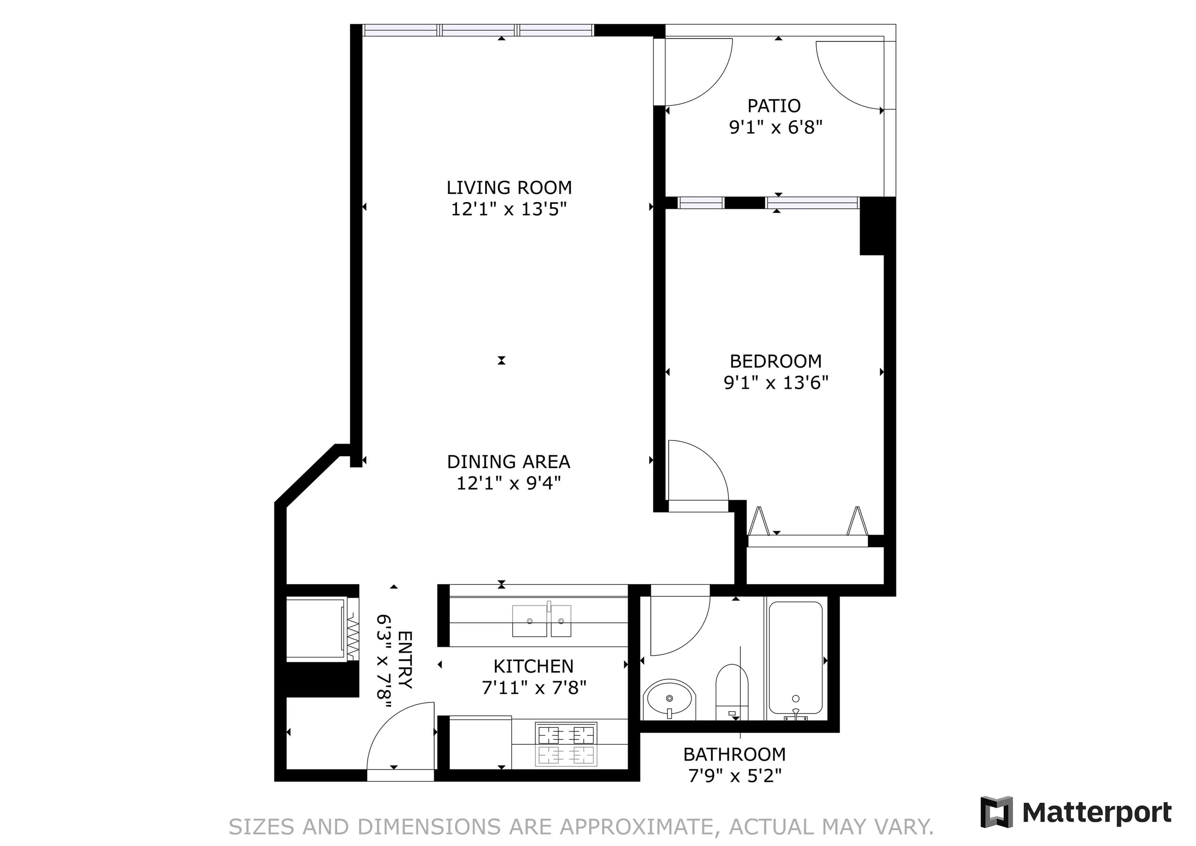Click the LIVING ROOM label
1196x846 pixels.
tap(509, 188)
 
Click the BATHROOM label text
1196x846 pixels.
tap(734, 754)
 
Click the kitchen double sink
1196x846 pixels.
tap(541, 621)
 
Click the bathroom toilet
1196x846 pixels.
tap(732, 693)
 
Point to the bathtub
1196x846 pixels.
tap(795, 658)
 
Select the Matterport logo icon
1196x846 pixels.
tap(996, 812)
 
